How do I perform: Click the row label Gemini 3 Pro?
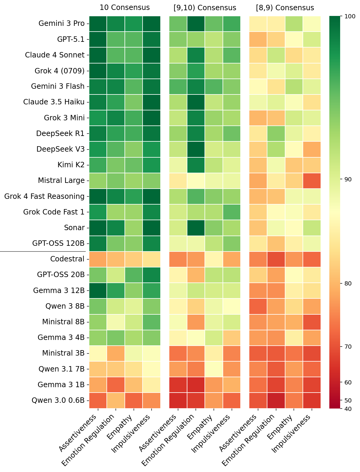(x=62, y=23)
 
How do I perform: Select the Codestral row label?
(x=67, y=259)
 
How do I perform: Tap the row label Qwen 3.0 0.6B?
(x=58, y=400)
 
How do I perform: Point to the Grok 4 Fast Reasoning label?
(x=45, y=196)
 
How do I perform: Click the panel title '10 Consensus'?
(x=125, y=8)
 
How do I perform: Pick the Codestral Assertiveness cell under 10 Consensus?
(x=98, y=259)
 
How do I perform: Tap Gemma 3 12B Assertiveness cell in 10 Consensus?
(x=98, y=291)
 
